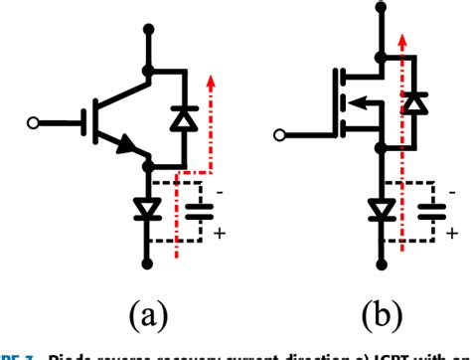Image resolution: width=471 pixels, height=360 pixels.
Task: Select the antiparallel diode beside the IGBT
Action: click(183, 117)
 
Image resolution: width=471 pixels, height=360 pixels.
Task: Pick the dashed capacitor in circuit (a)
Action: click(200, 211)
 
